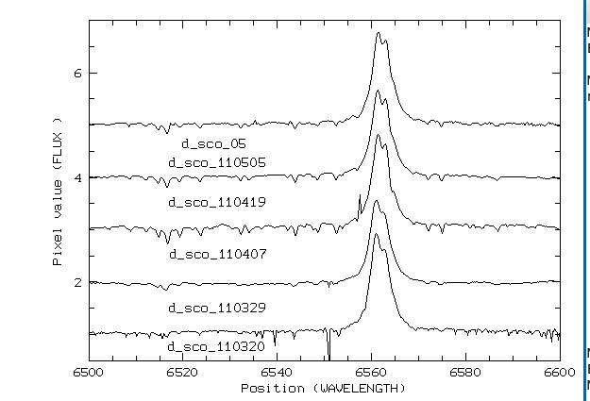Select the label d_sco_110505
click(216, 162)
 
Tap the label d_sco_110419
click(216, 202)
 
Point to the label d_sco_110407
click(216, 255)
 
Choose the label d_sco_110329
click(216, 308)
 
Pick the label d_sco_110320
click(216, 347)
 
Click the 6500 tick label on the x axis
click(88, 373)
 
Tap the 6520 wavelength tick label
click(182, 373)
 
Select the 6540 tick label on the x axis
click(277, 373)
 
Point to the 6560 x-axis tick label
click(371, 373)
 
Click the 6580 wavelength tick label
click(465, 373)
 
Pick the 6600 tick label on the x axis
click(559, 373)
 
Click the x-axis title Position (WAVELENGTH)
click(323, 388)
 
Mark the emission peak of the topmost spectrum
click(378, 34)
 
